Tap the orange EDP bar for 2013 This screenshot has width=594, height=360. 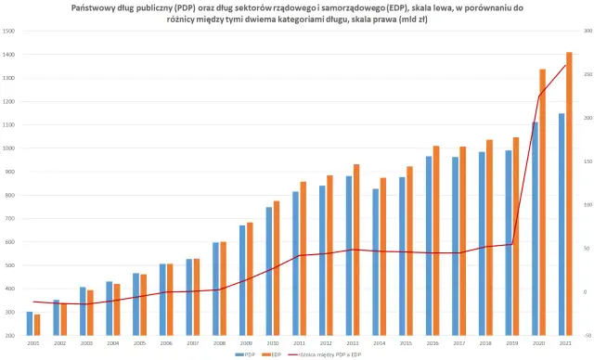(355, 250)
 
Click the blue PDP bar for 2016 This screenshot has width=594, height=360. (428, 245)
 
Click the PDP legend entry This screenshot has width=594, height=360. (246, 354)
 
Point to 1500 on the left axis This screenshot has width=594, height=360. (9, 31)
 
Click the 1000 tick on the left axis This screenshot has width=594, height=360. (9, 148)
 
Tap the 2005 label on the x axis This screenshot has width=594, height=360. (139, 343)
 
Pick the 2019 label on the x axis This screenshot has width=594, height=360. (511, 343)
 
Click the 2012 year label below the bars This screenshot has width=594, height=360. (326, 343)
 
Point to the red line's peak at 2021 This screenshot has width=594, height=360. (565, 65)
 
